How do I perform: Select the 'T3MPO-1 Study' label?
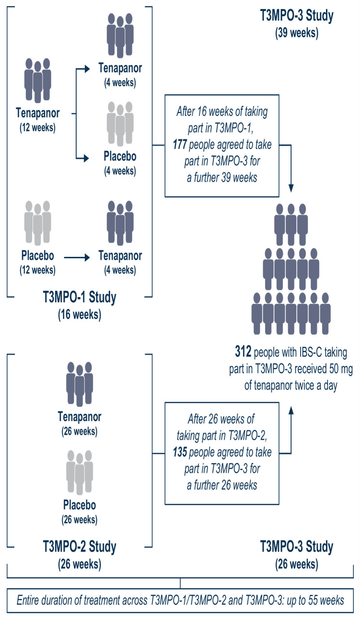pyautogui.click(x=80, y=299)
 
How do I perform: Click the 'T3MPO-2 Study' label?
pyautogui.click(x=80, y=546)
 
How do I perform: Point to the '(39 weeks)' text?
pyautogui.click(x=296, y=34)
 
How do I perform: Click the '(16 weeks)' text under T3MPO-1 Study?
pyautogui.click(x=80, y=315)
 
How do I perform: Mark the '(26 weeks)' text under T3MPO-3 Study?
pyautogui.click(x=296, y=564)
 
